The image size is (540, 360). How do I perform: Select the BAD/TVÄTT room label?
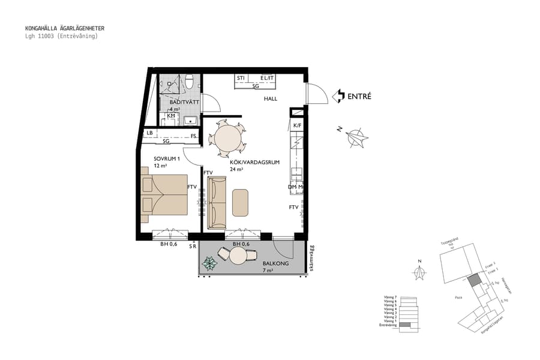[176, 103]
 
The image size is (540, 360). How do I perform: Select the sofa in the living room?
[217, 203]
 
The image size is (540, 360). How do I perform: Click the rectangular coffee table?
[240, 202]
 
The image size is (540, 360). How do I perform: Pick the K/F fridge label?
[296, 125]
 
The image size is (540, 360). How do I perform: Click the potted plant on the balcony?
[210, 262]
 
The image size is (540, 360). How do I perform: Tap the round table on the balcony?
[238, 257]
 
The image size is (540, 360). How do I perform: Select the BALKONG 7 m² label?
[276, 267]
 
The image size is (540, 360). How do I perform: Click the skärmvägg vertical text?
[312, 258]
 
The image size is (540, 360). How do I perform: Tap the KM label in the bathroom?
[171, 115]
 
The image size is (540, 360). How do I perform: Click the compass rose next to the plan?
[357, 137]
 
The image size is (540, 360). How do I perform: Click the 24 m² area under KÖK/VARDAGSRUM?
[236, 169]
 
